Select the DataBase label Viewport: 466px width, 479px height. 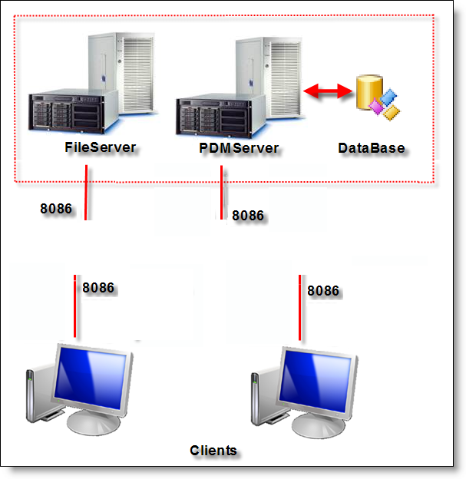click(x=371, y=147)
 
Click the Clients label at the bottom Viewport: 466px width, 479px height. click(x=213, y=450)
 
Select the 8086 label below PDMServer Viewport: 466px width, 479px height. click(x=248, y=216)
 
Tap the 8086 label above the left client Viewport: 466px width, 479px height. click(x=98, y=288)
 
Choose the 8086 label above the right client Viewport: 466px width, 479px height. click(x=323, y=291)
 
